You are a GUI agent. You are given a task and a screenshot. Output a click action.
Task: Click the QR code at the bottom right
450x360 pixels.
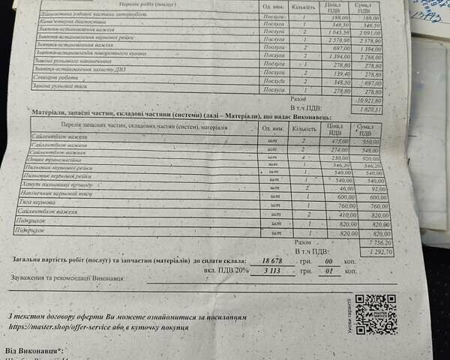[375, 314]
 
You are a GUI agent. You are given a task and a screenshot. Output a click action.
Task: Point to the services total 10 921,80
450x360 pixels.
[368, 99]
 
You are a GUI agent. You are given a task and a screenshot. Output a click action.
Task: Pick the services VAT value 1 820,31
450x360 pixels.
[370, 109]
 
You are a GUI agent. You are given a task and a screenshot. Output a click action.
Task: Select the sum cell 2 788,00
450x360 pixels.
[370, 57]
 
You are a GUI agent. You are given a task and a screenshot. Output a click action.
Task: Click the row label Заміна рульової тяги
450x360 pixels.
[60, 89]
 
